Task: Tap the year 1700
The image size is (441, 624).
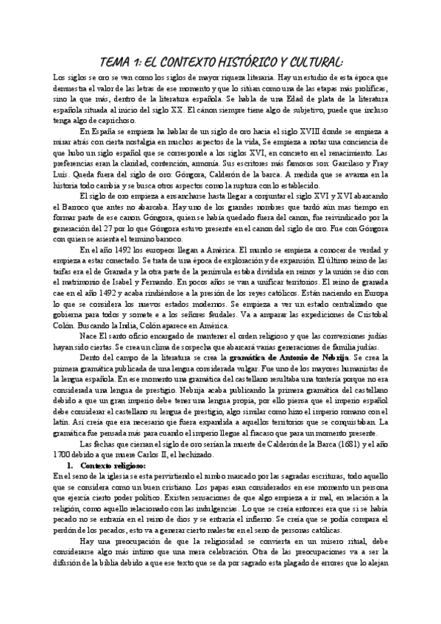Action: coord(64,456)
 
